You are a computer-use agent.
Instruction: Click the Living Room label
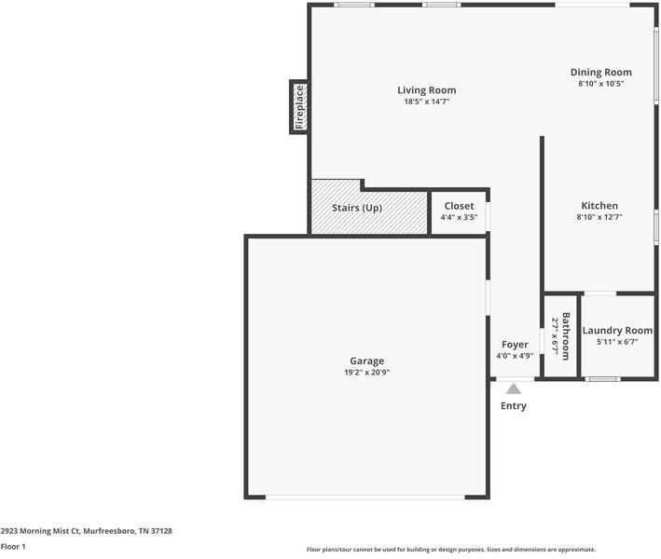(x=427, y=90)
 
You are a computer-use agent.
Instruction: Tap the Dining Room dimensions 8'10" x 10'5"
(x=600, y=84)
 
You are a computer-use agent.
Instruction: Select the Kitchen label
(x=599, y=206)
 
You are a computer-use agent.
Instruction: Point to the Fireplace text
(x=299, y=107)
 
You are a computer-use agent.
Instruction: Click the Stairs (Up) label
(x=357, y=208)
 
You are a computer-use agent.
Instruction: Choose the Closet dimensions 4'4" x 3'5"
(x=459, y=217)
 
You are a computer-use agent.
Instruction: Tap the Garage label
(x=366, y=361)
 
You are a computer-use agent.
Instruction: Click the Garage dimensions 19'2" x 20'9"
(x=366, y=373)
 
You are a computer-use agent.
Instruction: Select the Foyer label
(x=515, y=345)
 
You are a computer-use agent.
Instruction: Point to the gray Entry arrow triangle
(x=513, y=389)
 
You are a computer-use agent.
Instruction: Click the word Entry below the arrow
(x=514, y=405)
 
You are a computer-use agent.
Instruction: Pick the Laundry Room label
(x=617, y=330)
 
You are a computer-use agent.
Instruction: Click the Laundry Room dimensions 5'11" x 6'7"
(x=617, y=342)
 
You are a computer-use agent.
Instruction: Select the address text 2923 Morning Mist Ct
(x=40, y=531)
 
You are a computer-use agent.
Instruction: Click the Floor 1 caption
(x=13, y=546)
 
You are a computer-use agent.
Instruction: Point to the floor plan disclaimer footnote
(x=451, y=550)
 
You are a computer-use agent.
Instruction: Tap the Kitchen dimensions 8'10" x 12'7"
(x=599, y=217)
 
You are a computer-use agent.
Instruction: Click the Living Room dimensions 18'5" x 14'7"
(x=427, y=102)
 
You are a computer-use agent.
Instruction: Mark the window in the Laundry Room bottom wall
(x=602, y=379)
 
